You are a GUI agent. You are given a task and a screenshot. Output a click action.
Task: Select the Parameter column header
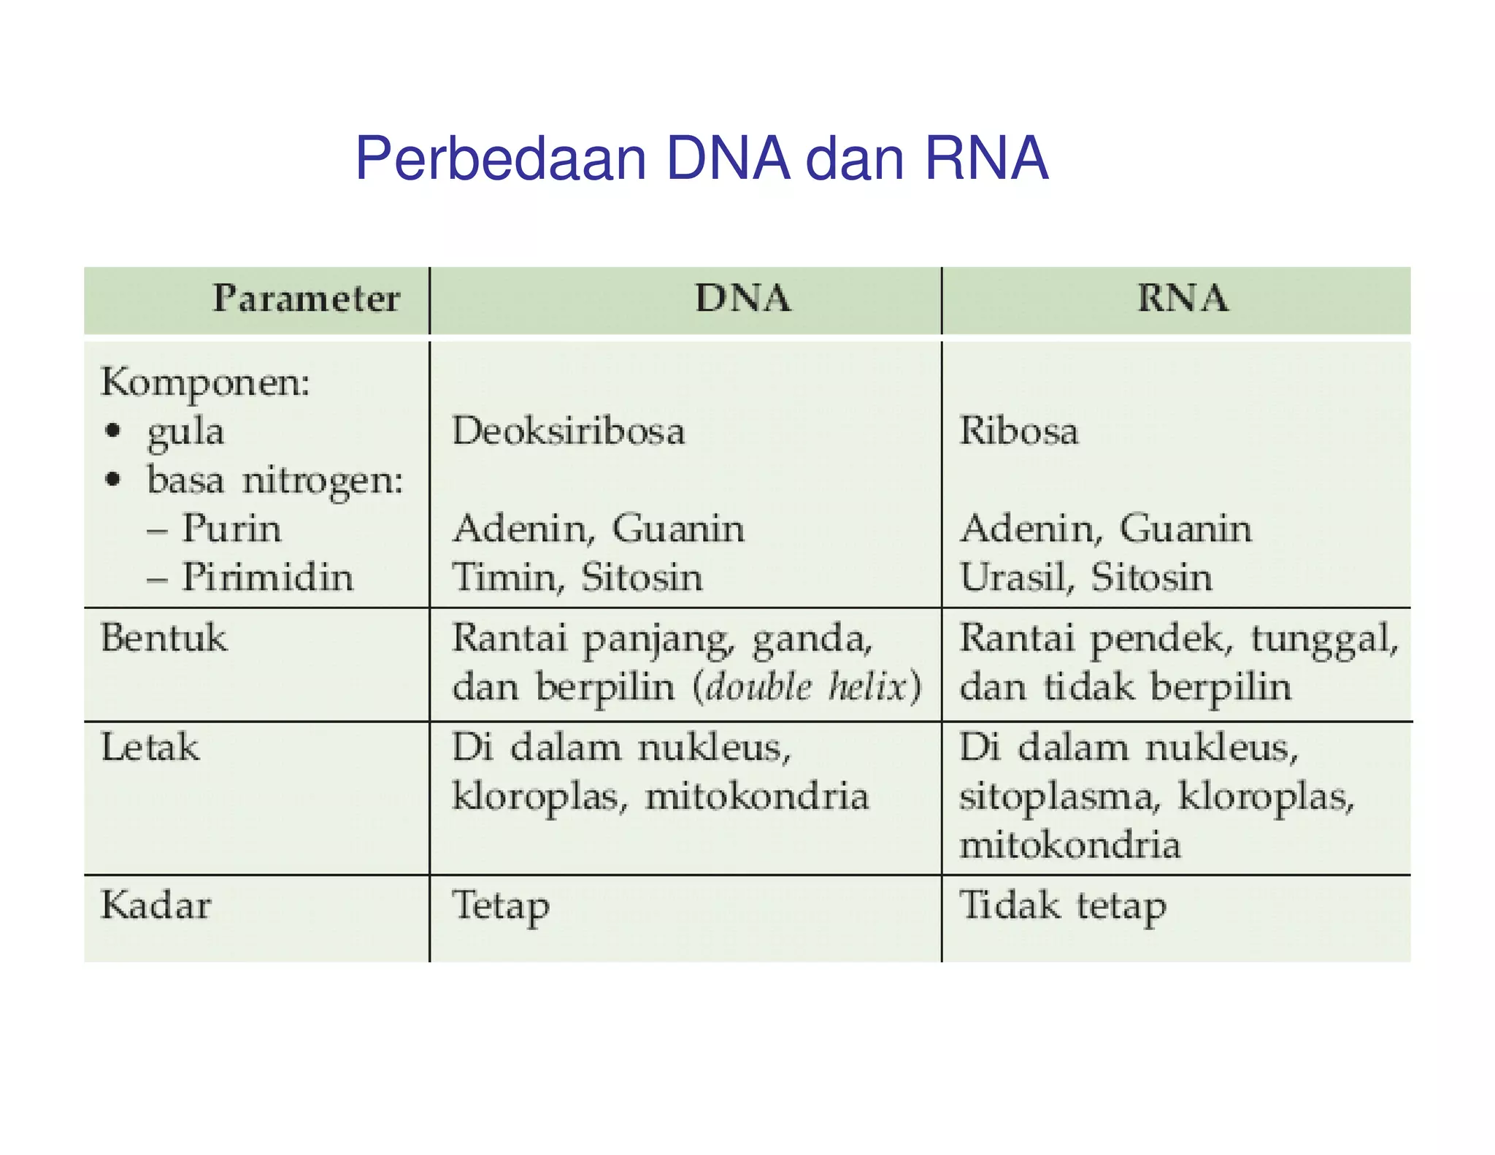(x=306, y=299)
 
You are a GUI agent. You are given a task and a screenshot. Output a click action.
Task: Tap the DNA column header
(x=742, y=299)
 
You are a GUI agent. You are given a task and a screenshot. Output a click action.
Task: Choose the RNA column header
(x=1183, y=299)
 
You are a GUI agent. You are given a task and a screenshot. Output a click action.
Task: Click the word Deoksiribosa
(x=569, y=431)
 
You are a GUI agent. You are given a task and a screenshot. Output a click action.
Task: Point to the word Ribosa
(x=1018, y=431)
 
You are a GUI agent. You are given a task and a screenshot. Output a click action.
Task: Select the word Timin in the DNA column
(x=504, y=577)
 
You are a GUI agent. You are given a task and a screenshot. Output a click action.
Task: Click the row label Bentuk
(x=164, y=638)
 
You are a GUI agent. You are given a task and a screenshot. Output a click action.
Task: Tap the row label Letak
(x=150, y=748)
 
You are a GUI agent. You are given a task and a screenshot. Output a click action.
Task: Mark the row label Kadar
(x=155, y=905)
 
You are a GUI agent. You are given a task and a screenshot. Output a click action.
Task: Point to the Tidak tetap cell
(x=1062, y=906)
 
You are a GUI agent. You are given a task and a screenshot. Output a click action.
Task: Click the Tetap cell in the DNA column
(x=500, y=906)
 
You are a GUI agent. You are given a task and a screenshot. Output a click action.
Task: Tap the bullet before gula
(x=112, y=431)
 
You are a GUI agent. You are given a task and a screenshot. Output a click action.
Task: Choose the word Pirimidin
(x=267, y=577)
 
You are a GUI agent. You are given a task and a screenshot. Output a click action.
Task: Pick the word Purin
(x=231, y=529)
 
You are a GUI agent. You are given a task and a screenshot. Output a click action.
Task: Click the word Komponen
(x=205, y=383)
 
